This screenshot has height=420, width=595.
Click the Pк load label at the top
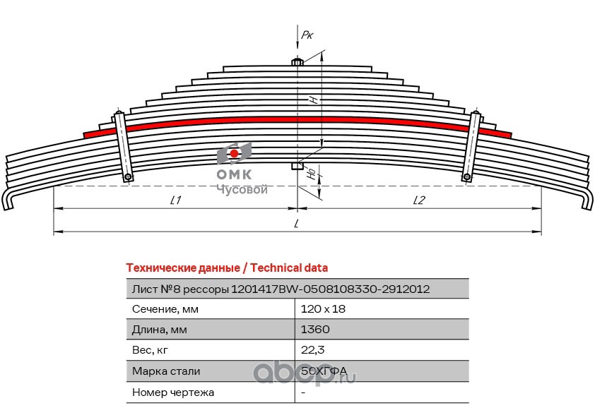307,35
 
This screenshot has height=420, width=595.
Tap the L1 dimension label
175,200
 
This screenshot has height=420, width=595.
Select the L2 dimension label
419,200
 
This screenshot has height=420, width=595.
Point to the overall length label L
297,224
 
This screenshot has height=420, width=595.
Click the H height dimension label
314,100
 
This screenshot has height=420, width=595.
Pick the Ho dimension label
312,174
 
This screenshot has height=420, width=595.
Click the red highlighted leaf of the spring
297,121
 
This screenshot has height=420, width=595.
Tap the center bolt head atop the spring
297,62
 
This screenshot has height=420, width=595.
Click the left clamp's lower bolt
128,177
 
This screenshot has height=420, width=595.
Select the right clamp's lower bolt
466,177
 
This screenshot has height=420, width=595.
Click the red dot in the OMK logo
234,153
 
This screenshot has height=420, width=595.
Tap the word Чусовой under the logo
242,189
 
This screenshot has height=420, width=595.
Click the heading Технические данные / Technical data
227,268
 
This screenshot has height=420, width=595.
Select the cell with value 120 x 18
323,309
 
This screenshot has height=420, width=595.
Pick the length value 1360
315,330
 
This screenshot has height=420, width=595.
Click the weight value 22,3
312,350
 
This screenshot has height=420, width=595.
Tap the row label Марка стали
166,371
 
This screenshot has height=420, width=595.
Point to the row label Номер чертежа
172,392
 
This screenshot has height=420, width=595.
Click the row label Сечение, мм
165,309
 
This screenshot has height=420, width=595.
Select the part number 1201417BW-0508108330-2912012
330,289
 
